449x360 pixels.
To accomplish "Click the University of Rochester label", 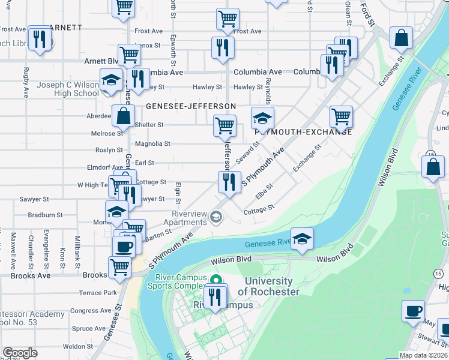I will (x=268, y=286).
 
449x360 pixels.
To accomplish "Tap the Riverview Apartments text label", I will (x=189, y=218).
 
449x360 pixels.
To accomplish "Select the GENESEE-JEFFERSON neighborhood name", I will (x=190, y=106).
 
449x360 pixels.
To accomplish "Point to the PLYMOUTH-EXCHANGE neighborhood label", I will (x=303, y=132).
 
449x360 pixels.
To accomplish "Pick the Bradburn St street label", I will (x=45, y=215).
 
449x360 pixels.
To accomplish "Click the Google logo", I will (x=20, y=353).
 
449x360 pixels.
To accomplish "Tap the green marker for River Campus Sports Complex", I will (x=217, y=280).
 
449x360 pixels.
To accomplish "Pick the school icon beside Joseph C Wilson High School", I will (x=111, y=80).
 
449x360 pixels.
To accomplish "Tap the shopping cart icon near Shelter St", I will (x=224, y=125).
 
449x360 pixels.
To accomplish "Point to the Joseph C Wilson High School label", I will (x=68, y=89).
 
